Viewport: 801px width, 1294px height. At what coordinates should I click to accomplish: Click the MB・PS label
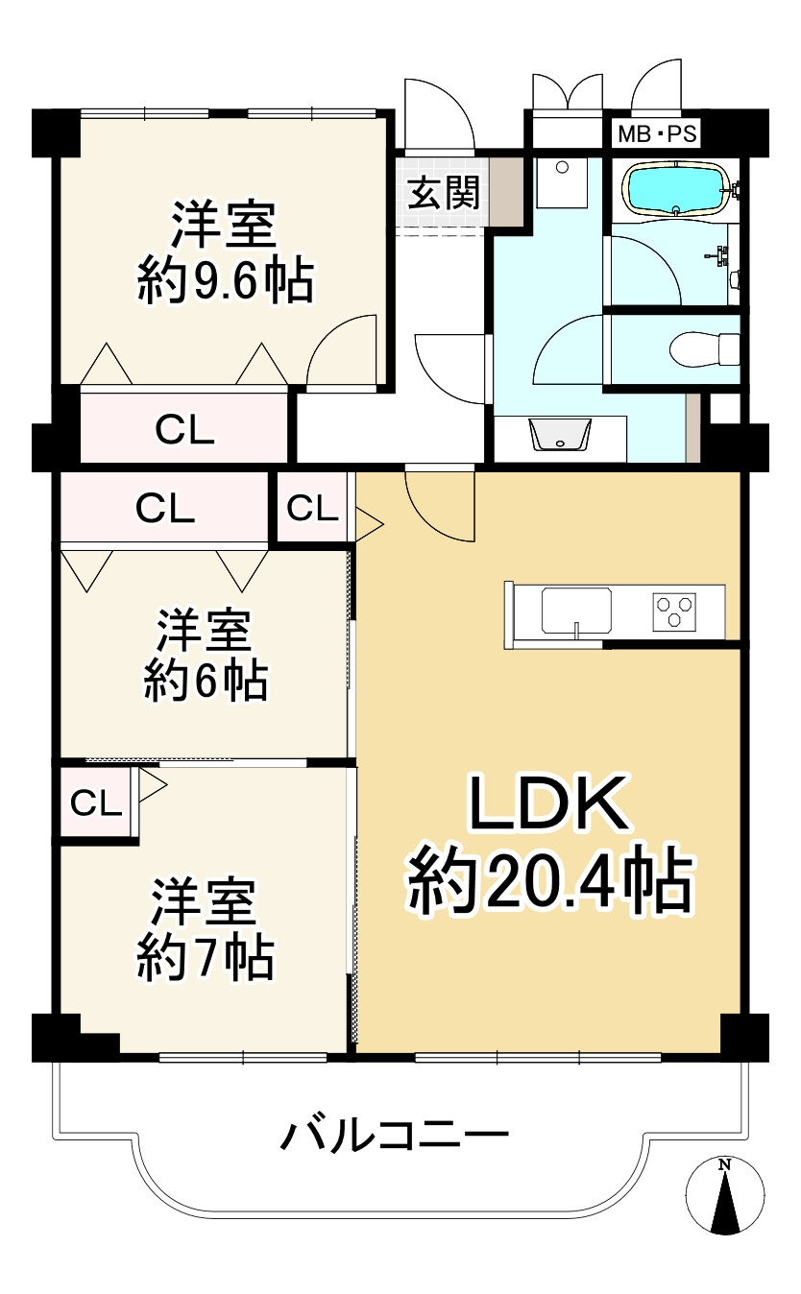(657, 134)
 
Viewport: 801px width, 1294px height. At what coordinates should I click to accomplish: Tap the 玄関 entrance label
(444, 193)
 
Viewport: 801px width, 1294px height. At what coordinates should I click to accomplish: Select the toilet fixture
(705, 348)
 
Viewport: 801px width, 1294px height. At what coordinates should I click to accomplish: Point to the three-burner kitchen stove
(674, 611)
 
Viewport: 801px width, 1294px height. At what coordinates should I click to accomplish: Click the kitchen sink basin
(576, 611)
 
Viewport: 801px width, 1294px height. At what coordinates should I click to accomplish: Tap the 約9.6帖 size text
(226, 280)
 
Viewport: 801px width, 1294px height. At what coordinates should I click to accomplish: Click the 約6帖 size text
(206, 682)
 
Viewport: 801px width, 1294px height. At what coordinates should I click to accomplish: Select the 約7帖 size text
(206, 960)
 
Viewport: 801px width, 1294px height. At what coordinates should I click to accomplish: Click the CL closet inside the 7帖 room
(96, 803)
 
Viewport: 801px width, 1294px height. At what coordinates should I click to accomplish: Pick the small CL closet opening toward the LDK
(312, 508)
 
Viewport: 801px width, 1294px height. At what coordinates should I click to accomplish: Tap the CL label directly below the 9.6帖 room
(184, 430)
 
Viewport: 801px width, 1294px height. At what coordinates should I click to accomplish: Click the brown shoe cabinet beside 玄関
(506, 192)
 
